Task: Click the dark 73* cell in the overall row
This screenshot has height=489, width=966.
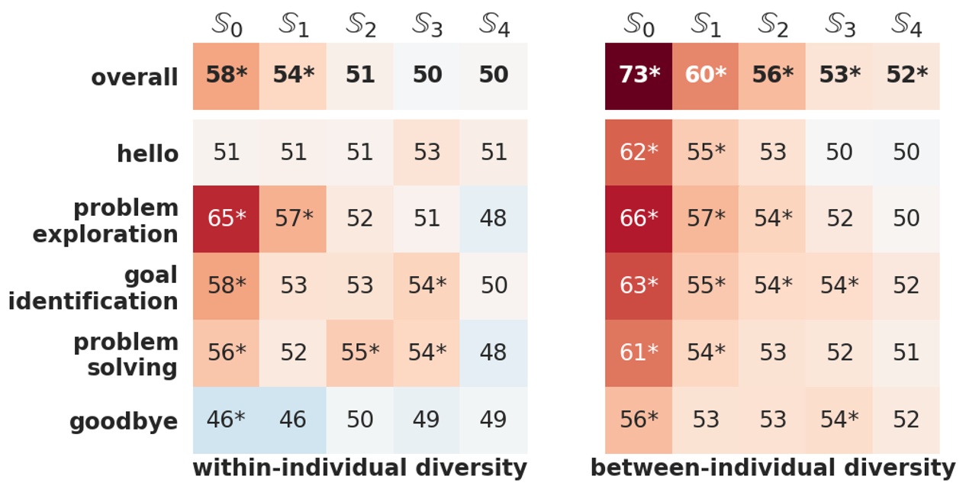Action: click(638, 76)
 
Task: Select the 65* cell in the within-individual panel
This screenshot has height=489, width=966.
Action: click(226, 219)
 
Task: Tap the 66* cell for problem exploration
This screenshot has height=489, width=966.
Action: click(638, 219)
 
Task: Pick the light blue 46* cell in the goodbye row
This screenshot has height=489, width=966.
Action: click(226, 420)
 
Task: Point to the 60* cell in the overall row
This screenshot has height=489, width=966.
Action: click(705, 76)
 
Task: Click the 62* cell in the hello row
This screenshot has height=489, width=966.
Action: click(638, 153)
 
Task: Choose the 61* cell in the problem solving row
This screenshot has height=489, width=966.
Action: click(638, 352)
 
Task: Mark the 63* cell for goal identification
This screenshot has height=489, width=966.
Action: click(638, 285)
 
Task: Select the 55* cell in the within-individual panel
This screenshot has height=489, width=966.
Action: click(359, 352)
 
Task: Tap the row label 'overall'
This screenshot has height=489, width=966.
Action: click(134, 78)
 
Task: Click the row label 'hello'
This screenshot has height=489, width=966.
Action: click(147, 154)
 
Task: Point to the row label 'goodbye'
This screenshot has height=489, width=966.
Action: click(124, 422)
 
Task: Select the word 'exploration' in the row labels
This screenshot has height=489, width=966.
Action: click(105, 234)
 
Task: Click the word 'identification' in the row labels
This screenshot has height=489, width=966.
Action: click(93, 301)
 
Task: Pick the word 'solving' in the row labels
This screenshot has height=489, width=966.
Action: click(132, 368)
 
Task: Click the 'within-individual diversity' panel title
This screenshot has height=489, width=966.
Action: click(359, 468)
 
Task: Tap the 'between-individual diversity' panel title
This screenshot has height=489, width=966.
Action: click(772, 468)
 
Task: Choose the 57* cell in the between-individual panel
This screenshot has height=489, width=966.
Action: click(705, 219)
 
